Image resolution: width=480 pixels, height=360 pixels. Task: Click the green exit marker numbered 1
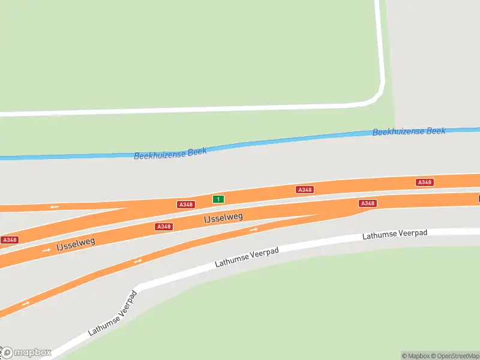[x=218, y=199]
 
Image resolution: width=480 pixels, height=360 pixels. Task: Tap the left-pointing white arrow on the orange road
[x=55, y=206]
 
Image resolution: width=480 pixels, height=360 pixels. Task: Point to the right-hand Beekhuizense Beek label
[x=409, y=131]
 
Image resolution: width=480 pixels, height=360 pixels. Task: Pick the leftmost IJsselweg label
[x=76, y=242]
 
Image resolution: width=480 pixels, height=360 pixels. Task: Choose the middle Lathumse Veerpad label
[x=247, y=257]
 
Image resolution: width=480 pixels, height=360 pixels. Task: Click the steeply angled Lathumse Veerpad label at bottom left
[x=112, y=313]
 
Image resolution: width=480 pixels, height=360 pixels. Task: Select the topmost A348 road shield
[x=425, y=182]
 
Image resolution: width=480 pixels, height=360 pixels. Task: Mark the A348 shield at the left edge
[x=9, y=239]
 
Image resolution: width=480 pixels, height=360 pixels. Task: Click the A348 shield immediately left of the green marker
[x=186, y=205]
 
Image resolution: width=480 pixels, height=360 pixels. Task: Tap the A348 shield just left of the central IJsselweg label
[x=164, y=226]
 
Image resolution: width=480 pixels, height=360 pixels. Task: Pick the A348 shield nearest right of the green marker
[x=305, y=190]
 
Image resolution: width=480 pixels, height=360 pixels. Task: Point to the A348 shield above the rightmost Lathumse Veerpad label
[x=367, y=203]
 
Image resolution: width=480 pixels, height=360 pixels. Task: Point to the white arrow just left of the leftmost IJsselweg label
[x=46, y=250]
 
